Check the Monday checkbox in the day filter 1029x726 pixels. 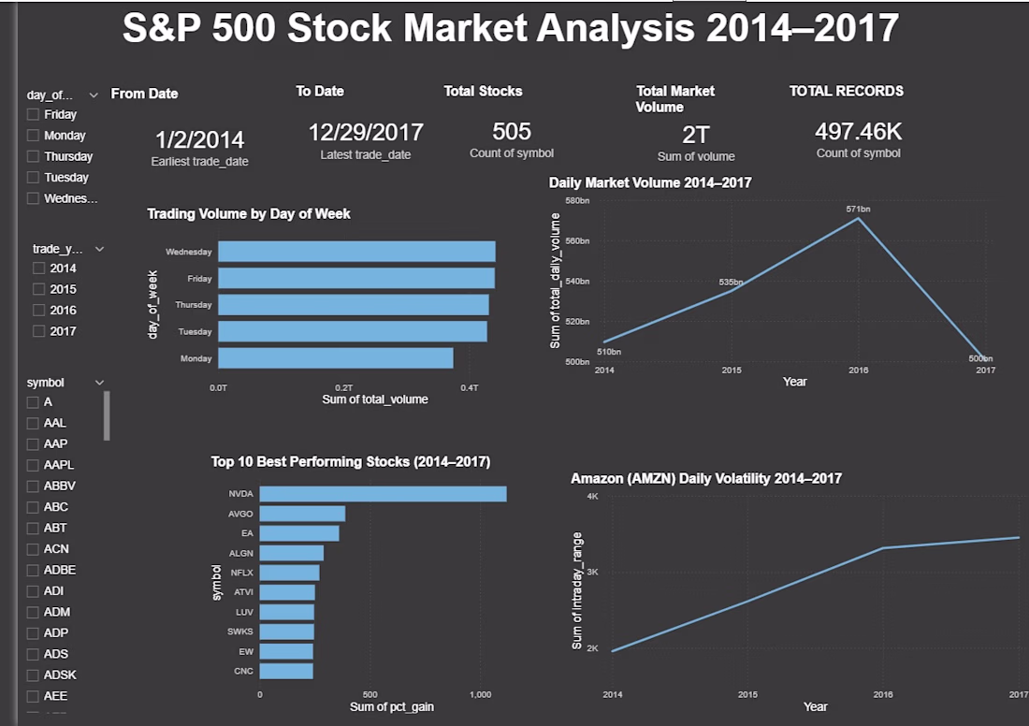[33, 136]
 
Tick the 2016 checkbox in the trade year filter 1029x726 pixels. [38, 311]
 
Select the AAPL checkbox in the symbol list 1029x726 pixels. [33, 465]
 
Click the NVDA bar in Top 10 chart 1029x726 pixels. [383, 494]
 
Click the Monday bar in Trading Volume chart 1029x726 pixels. [335, 358]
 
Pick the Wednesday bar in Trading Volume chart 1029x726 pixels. [356, 252]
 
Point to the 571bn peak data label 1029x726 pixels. [858, 209]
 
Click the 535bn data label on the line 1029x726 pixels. [731, 283]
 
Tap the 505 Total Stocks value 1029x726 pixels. [511, 132]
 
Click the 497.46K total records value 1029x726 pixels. [859, 132]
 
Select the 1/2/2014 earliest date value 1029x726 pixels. [199, 139]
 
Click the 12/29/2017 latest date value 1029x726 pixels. [366, 133]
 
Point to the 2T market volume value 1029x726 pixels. [696, 136]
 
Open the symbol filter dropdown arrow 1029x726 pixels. [100, 383]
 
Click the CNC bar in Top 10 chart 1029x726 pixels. [286, 671]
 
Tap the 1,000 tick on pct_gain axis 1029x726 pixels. [481, 694]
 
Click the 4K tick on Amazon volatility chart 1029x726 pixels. [592, 496]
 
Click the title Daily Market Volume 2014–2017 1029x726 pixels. [650, 182]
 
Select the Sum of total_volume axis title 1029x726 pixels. [375, 399]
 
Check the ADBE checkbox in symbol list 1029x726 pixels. [33, 571]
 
